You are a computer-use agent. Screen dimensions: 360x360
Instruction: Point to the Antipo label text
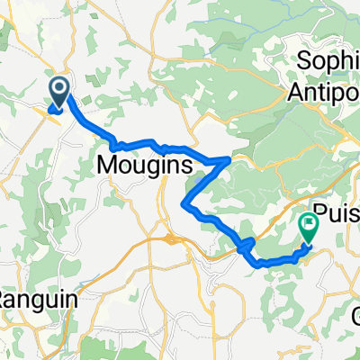(327, 92)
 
